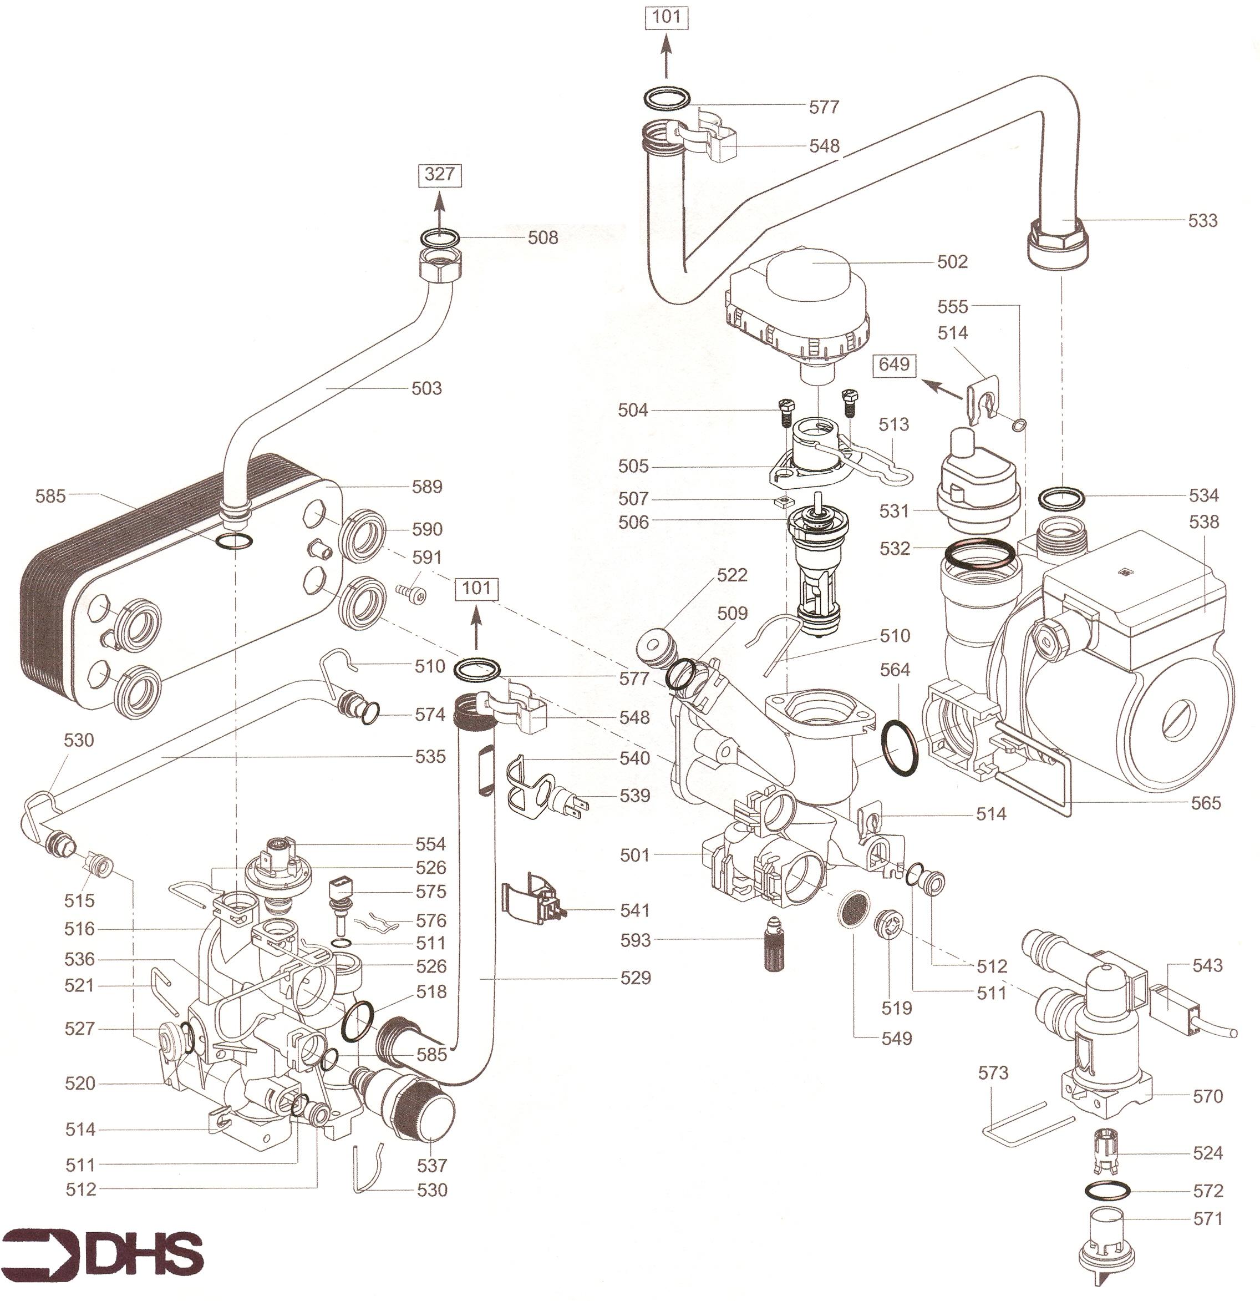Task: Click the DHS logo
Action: [103, 1253]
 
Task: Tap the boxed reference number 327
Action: [439, 175]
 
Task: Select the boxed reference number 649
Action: [894, 365]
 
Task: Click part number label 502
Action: [952, 262]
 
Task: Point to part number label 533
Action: [1202, 220]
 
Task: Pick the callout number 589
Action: [426, 487]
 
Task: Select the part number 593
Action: [635, 940]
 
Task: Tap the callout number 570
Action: [1207, 1096]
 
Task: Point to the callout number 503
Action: [426, 388]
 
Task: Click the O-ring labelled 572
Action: [1107, 1190]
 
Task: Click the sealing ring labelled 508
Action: [440, 237]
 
